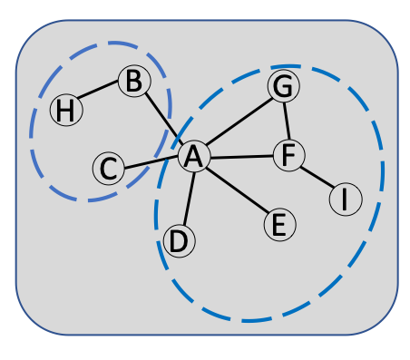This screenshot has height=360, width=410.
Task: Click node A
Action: tap(193, 157)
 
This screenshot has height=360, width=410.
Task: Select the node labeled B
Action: tap(133, 82)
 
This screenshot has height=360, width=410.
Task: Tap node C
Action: tap(108, 168)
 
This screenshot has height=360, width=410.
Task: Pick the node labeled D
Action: tap(180, 241)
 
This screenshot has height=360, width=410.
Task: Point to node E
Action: tap(279, 224)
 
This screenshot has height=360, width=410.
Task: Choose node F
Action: tap(288, 155)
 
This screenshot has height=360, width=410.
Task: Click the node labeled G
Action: tap(284, 86)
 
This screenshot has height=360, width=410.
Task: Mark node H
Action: tap(65, 111)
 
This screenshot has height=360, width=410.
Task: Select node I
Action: tap(345, 199)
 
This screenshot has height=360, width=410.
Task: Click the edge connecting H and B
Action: tap(100, 96)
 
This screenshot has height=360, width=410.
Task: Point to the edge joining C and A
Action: tap(151, 162)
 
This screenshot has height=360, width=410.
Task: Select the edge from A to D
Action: tap(187, 198)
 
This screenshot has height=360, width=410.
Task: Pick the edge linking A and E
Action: tap(236, 190)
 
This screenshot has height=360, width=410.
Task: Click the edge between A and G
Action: tap(239, 122)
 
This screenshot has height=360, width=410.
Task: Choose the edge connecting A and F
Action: tap(240, 156)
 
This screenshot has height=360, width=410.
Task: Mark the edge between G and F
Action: tap(286, 121)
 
